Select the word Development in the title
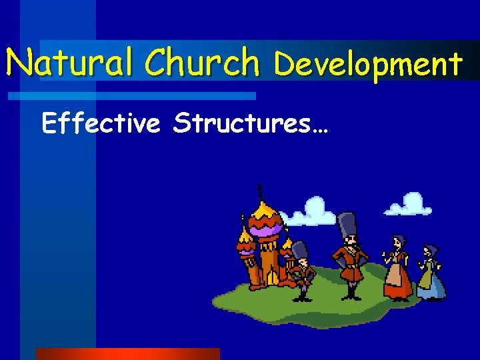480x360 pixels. click(x=368, y=65)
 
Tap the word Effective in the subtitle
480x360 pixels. click(x=101, y=123)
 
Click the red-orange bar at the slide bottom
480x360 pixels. click(x=127, y=353)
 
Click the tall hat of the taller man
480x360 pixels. click(x=347, y=227)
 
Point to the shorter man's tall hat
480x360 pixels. click(x=301, y=250)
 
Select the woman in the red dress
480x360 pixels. click(x=397, y=270)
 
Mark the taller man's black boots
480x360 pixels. click(x=350, y=291)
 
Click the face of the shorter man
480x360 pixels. click(x=302, y=261)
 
